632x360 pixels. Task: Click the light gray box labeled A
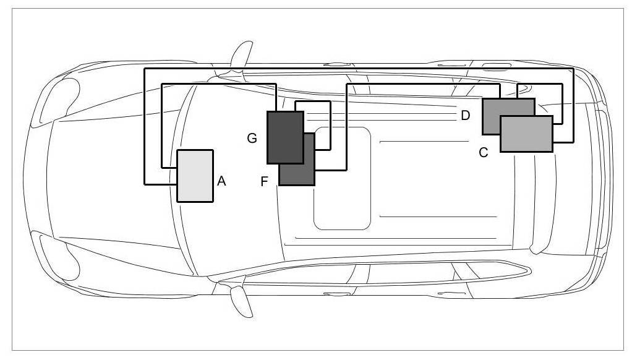coord(195,176)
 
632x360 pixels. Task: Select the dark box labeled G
coord(285,137)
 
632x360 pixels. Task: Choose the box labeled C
coord(526,134)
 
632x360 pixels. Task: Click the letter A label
coord(222,181)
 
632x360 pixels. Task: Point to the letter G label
coord(252,139)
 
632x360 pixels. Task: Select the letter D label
coord(466,115)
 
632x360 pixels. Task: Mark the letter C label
coord(484,152)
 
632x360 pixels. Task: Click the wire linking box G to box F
coord(331,124)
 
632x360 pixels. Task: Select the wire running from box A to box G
coord(216,84)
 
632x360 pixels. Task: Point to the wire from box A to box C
coord(359,69)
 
